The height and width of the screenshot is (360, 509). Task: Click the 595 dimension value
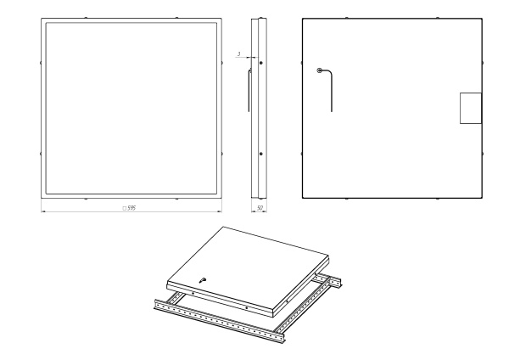(131, 208)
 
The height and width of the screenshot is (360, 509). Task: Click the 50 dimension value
(260, 208)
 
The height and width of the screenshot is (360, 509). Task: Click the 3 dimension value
(239, 54)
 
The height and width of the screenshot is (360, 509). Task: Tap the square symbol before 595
(124, 209)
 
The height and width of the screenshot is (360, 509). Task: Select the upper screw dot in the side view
(261, 63)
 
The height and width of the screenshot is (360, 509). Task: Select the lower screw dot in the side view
(261, 154)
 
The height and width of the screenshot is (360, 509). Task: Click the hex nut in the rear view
(319, 70)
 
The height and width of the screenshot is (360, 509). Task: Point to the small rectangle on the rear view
(471, 108)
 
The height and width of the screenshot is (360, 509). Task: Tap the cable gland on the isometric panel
(203, 279)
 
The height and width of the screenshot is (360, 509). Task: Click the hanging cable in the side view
(249, 91)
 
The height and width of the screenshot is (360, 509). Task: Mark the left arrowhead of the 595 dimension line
(43, 211)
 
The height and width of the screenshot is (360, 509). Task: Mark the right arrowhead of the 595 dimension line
(220, 211)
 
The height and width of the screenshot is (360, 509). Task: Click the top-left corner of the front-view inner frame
(46, 23)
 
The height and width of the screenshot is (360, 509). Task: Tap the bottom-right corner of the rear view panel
(482, 198)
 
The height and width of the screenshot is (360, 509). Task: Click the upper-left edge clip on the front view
(41, 63)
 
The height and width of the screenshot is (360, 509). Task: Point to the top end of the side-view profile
(259, 19)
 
